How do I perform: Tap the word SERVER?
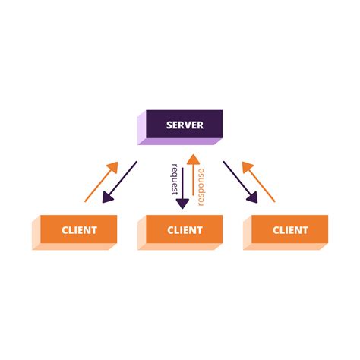click(x=185, y=124)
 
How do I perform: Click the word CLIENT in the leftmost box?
click(x=79, y=229)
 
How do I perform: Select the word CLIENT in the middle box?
click(x=185, y=229)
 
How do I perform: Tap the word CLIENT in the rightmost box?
click(x=290, y=229)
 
